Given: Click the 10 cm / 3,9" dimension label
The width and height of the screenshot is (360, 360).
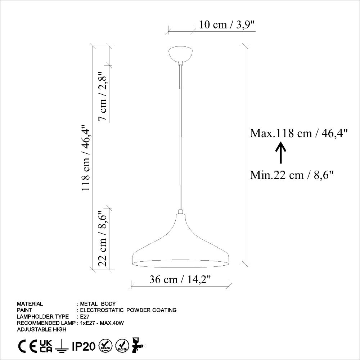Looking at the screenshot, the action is pos(226,24).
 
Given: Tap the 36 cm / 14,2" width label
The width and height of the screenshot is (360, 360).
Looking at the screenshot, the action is pos(180,279).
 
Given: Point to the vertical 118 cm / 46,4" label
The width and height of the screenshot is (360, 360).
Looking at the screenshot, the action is pos(85,158).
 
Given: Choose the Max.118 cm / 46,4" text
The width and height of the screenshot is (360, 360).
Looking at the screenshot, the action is pos(299,133).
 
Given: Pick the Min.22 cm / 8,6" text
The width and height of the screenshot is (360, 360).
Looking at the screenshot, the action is pos(292,175).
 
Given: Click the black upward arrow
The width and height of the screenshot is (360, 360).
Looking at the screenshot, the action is pos(280,153).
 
